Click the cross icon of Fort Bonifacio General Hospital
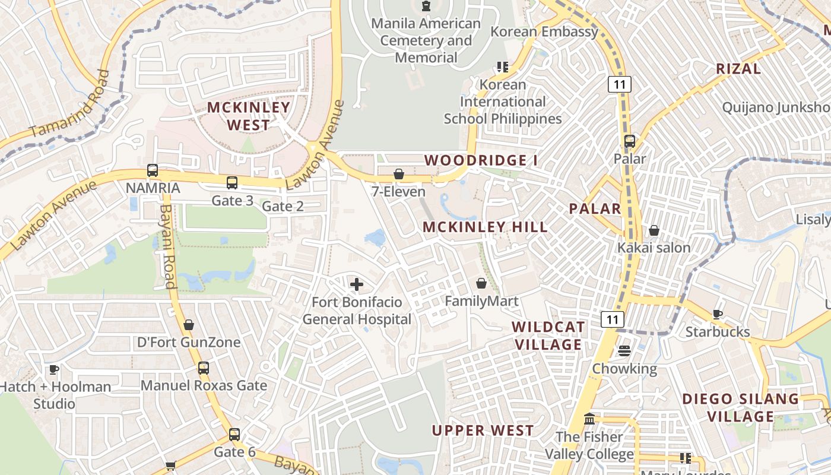pyautogui.click(x=357, y=285)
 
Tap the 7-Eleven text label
pyautogui.click(x=399, y=192)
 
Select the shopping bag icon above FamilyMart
pyautogui.click(x=481, y=284)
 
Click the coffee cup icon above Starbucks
pyautogui.click(x=718, y=314)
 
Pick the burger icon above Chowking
pyautogui.click(x=624, y=351)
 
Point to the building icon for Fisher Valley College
pyautogui.click(x=589, y=419)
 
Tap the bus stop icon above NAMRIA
pyautogui.click(x=153, y=170)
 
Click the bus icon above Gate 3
pyautogui.click(x=232, y=183)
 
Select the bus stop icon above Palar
pyautogui.click(x=630, y=141)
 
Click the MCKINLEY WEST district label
pyautogui.click(x=248, y=116)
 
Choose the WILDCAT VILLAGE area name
pyautogui.click(x=548, y=335)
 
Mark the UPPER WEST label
pyautogui.click(x=483, y=430)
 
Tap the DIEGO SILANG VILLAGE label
pyautogui.click(x=741, y=407)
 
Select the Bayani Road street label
pyautogui.click(x=168, y=246)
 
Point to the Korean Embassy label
pyautogui.click(x=544, y=32)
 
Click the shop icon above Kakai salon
pyautogui.click(x=654, y=230)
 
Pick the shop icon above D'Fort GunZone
pyautogui.click(x=189, y=325)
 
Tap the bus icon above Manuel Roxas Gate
pyautogui.click(x=204, y=368)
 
